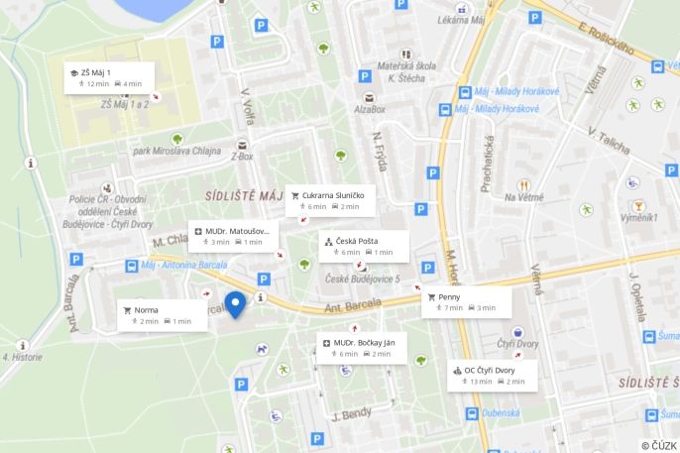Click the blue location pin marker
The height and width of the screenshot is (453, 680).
tap(235, 303)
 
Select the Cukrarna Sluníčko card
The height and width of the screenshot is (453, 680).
tap(330, 200)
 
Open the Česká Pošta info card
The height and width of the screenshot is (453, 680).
tap(363, 246)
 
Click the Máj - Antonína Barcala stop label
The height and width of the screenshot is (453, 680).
tap(183, 265)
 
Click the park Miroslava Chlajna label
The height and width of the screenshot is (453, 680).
tap(177, 152)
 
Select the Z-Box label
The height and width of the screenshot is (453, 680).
tap(242, 156)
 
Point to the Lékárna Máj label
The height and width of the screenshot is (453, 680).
tap(464, 19)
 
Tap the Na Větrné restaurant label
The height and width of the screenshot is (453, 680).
tap(524, 196)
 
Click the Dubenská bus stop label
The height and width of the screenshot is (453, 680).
tap(502, 414)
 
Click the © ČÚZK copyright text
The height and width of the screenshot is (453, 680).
tap(657, 445)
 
